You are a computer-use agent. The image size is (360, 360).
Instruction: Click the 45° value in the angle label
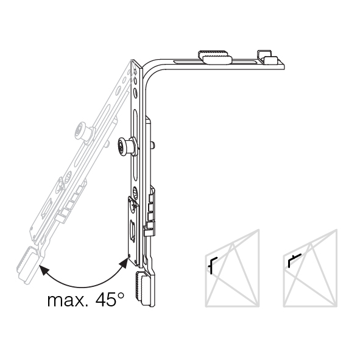[x=110, y=299]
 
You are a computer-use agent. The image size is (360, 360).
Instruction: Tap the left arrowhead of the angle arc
[x=44, y=270]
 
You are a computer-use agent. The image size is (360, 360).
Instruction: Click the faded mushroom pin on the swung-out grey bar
[x=84, y=133]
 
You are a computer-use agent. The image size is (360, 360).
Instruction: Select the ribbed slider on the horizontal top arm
[x=214, y=57]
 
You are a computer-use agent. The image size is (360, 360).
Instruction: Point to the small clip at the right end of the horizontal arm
[x=269, y=57]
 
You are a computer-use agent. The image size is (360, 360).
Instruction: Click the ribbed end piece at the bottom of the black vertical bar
[x=145, y=288]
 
